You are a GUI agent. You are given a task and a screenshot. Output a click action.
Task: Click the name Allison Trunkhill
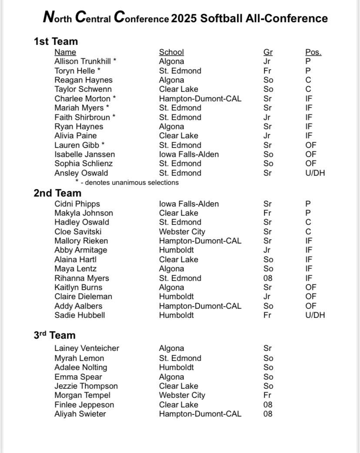pos(83,61)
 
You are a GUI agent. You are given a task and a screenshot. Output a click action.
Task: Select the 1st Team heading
pos(56,42)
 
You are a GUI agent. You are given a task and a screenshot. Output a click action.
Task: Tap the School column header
pos(171,52)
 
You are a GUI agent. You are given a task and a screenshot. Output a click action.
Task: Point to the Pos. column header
pos(313,52)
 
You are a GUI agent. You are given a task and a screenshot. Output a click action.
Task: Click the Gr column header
pos(268,52)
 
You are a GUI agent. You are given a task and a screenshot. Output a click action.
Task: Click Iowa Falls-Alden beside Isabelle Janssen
pos(189,154)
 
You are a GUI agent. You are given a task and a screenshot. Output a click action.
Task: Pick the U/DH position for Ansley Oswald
pos(315,173)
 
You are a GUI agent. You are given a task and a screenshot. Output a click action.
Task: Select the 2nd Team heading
pos(57,193)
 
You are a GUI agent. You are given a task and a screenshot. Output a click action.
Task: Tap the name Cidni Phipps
pos(77,204)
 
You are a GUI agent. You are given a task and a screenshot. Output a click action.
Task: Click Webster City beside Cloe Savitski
pos(182,232)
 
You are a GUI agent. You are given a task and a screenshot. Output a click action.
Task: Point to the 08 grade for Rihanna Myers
pos(268,278)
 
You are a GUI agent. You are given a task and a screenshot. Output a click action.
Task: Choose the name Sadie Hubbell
pos(80,315)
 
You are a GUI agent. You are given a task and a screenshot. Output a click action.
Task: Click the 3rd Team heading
pos(54,335)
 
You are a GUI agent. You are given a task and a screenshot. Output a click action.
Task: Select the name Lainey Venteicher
pos(87,348)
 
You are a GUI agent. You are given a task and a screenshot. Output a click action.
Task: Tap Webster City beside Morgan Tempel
pos(182,395)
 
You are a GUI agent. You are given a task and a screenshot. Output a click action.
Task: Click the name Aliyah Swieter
pos(80,414)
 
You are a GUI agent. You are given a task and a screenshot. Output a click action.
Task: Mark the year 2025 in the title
pos(184,18)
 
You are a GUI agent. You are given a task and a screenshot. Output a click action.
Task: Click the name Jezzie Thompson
pos(86,386)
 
